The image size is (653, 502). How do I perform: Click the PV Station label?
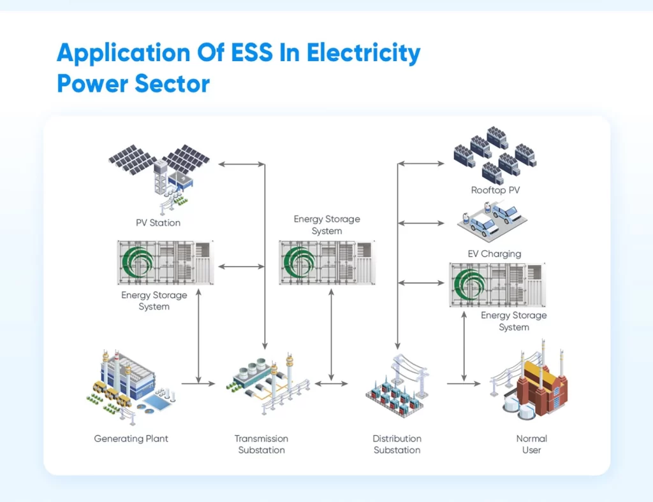coord(158,223)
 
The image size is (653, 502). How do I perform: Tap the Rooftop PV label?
coord(496,190)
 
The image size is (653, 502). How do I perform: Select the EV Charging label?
coord(494,254)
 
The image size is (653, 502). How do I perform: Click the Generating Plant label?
coord(131,439)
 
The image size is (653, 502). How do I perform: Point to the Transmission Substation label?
coord(261,444)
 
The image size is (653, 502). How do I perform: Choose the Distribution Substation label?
coord(397,444)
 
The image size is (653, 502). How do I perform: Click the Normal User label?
coord(531,444)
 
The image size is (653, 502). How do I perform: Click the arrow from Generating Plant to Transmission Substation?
coord(198,384)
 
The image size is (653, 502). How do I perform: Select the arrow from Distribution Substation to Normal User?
coord(463,384)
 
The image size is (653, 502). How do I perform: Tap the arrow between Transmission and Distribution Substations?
coord(331,384)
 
